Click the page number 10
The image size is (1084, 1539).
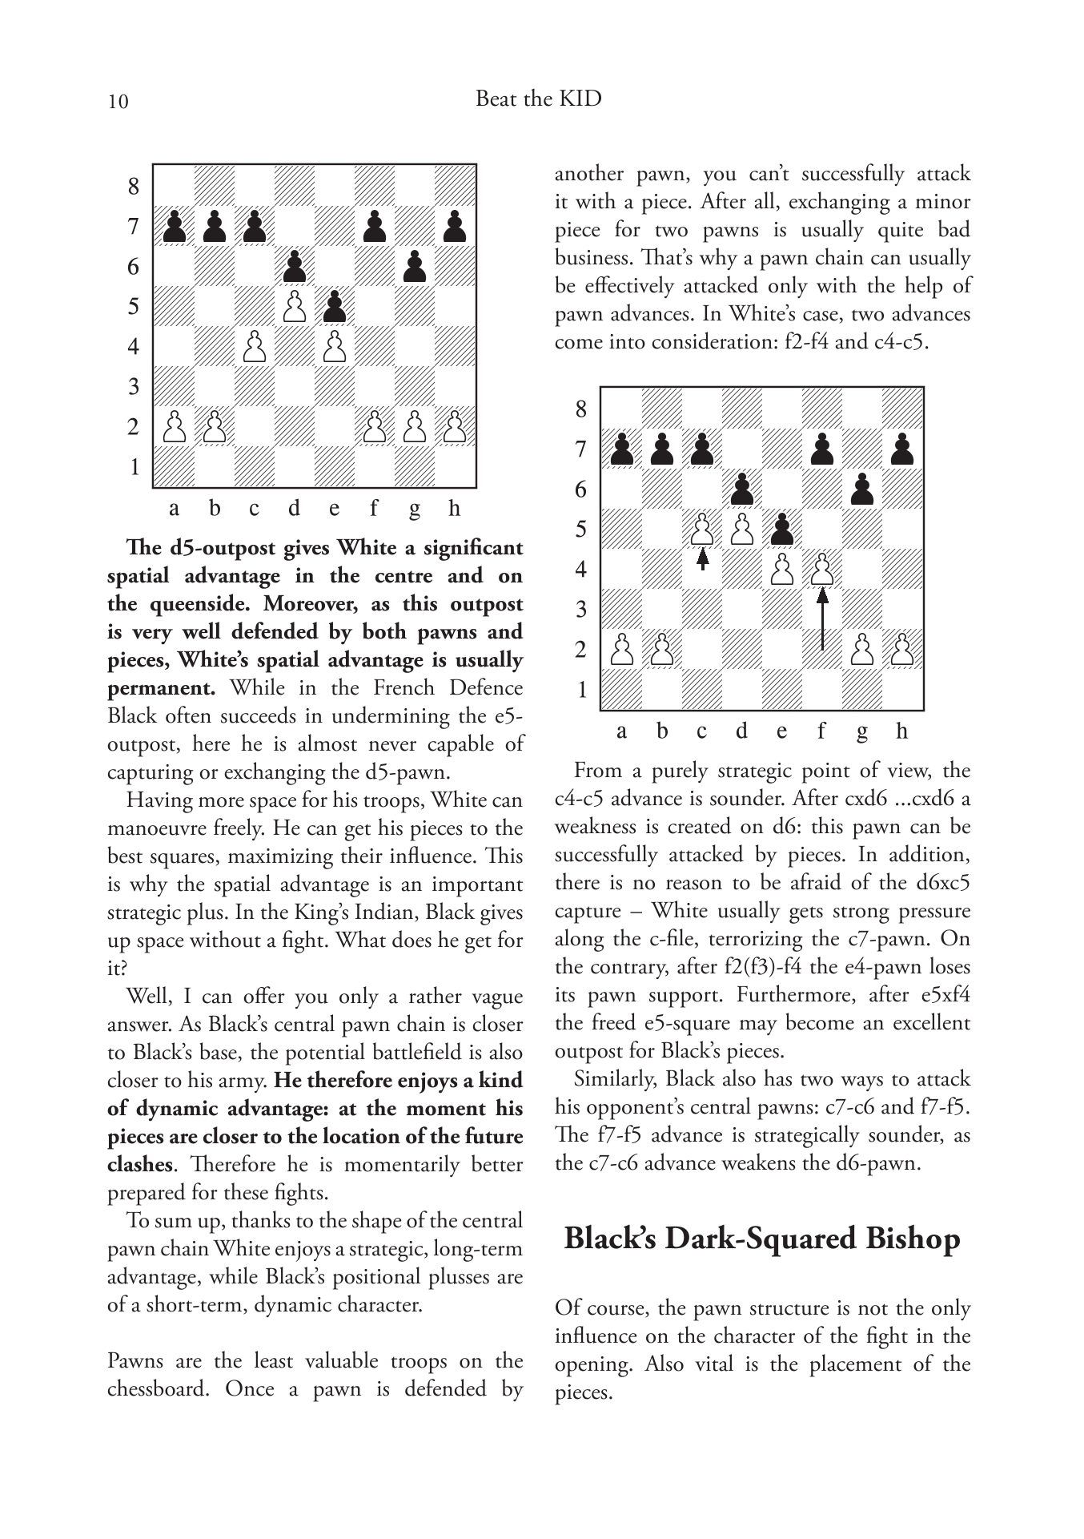(x=118, y=102)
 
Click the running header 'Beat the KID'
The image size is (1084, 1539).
(x=538, y=99)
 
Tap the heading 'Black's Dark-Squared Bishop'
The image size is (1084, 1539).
(x=761, y=1239)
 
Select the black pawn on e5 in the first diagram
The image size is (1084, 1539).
(x=335, y=306)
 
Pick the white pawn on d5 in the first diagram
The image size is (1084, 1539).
(x=295, y=306)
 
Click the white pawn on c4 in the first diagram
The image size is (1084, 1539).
(x=255, y=346)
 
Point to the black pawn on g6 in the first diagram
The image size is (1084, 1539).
(x=414, y=266)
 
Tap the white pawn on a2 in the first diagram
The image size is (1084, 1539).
(x=174, y=426)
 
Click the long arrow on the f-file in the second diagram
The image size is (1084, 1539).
(x=822, y=621)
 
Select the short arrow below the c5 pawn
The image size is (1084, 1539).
(x=702, y=558)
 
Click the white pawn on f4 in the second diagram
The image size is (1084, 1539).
(x=822, y=569)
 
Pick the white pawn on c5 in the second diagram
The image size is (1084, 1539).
(x=702, y=529)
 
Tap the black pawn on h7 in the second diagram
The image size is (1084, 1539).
(x=902, y=449)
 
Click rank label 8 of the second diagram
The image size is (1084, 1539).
(x=580, y=409)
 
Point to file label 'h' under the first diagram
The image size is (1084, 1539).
(x=455, y=508)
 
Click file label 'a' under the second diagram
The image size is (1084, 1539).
(x=622, y=731)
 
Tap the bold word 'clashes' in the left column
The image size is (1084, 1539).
(x=139, y=1165)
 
